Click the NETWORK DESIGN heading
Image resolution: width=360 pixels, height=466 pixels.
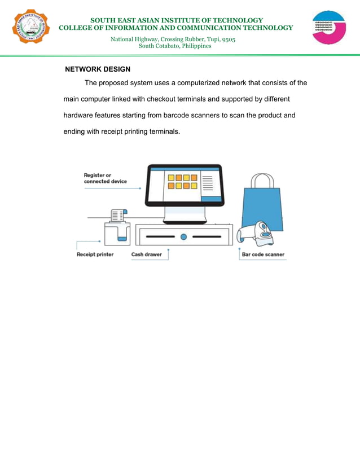point(98,69)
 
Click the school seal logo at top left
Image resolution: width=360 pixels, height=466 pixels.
point(29,28)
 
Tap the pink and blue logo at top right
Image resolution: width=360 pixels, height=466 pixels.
point(329,28)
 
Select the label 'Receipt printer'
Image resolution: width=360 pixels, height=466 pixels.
point(95,254)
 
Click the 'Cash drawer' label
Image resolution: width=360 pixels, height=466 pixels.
point(146,254)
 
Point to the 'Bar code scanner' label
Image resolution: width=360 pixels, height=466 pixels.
point(263,254)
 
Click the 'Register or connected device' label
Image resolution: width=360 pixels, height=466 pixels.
point(105,178)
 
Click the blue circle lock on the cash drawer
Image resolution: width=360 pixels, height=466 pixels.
point(183,236)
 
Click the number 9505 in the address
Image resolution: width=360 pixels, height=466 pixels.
point(229,39)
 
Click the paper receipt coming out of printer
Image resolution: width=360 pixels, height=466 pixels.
point(117,215)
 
